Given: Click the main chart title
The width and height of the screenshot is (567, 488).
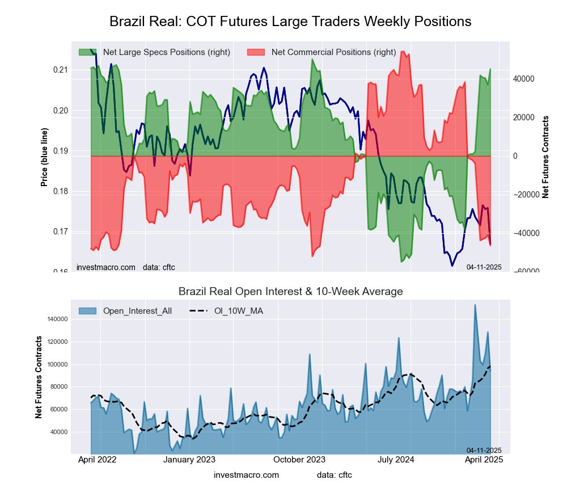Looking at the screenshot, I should point(290,22).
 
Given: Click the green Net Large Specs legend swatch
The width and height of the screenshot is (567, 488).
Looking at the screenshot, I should point(87,52).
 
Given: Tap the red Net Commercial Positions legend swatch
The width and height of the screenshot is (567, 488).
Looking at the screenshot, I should point(256,52).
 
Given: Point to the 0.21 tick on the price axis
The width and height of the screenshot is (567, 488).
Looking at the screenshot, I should point(60,70).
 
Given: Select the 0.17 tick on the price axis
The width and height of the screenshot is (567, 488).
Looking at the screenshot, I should point(60,232).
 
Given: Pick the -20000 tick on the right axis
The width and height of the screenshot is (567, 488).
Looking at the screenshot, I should point(527,195).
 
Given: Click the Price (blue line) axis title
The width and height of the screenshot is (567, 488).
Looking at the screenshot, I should point(44,157).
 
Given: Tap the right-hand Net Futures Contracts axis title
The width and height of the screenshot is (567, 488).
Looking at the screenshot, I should point(546,157).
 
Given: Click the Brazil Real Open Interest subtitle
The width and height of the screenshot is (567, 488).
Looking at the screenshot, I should point(290,292).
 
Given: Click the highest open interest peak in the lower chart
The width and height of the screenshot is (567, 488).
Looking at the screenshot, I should point(475,305).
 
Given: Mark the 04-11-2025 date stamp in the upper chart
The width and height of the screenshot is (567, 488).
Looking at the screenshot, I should point(484,267).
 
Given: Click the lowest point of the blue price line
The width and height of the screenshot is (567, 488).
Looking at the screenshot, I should point(452,266).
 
